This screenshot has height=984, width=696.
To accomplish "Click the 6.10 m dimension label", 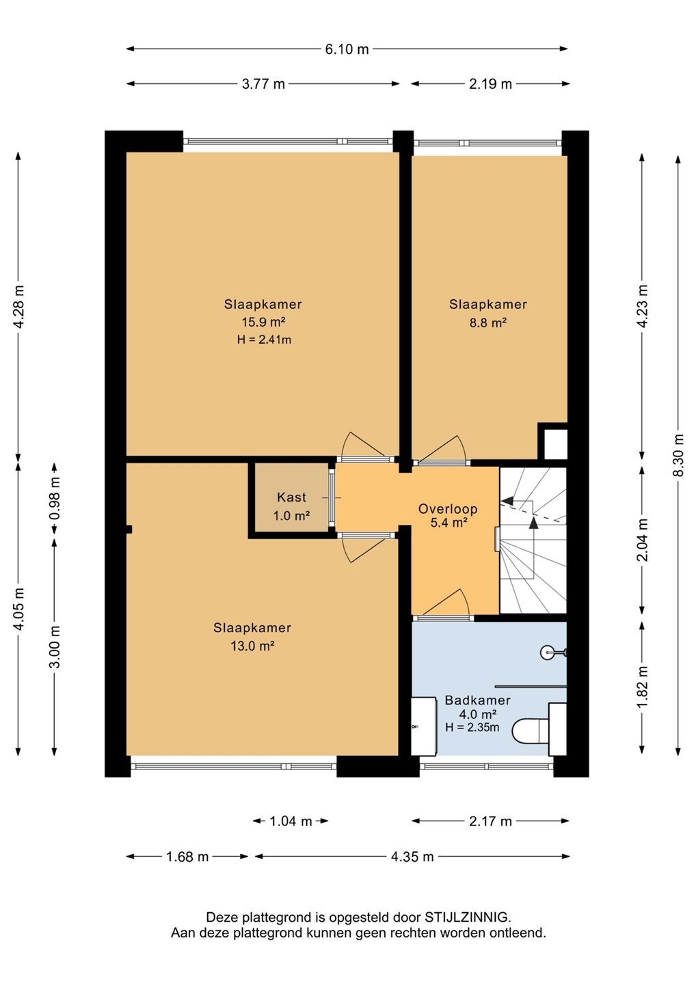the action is (347, 49).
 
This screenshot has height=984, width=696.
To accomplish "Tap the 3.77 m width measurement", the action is (263, 83).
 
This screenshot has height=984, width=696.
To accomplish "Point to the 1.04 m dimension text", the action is (291, 821).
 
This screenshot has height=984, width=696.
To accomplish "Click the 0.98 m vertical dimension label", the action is (55, 498).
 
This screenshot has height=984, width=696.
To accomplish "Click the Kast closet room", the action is (291, 500).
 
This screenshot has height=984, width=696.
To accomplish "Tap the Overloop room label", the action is (448, 508).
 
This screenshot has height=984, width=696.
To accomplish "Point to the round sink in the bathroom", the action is (548, 653).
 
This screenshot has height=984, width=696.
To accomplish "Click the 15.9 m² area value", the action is (263, 322).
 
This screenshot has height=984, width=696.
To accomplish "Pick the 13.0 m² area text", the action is (252, 646).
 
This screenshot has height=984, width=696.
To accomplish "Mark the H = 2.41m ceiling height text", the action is (264, 340).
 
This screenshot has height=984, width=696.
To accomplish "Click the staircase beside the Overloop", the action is (533, 540).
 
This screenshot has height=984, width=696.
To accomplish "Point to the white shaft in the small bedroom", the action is (556, 444).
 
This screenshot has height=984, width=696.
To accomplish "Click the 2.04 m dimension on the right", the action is (643, 540).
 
